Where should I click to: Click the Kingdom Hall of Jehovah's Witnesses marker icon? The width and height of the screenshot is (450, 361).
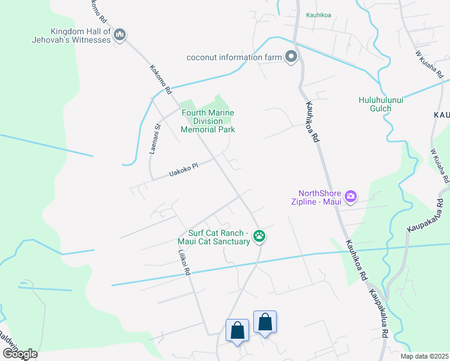click(120, 35)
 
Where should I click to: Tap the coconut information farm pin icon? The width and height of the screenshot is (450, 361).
click(292, 57)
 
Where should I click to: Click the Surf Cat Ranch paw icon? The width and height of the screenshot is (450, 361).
click(259, 236)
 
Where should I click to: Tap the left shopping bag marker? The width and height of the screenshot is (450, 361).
click(237, 330)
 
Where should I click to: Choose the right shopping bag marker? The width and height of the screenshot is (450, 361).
click(265, 322)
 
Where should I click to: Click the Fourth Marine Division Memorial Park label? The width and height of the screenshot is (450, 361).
click(208, 121)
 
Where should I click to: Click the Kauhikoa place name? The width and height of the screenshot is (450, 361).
click(318, 16)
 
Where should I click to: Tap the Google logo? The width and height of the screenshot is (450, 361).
click(20, 353)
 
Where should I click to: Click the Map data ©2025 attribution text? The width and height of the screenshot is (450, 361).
click(424, 356)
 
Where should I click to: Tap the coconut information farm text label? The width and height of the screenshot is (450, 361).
click(234, 57)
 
